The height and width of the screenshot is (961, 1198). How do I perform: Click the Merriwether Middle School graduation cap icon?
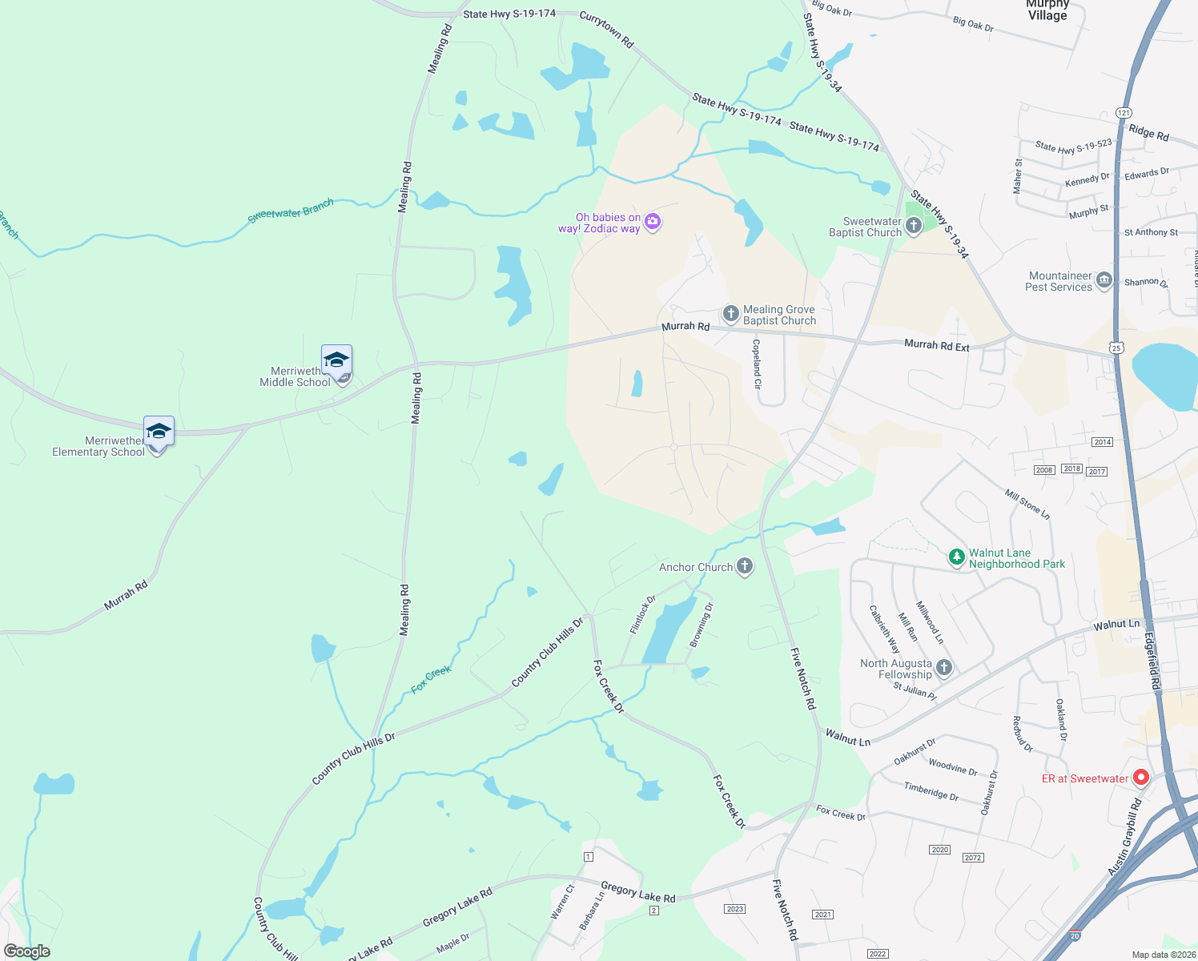(336, 360)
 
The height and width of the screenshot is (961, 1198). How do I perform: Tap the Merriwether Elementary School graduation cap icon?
(159, 431)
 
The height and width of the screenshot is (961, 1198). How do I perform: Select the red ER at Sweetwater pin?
(1141, 777)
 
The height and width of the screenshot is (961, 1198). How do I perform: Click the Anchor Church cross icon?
(745, 567)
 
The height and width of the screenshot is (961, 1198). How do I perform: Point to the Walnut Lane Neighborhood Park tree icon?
(956, 557)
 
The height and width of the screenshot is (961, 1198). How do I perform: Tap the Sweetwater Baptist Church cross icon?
(914, 226)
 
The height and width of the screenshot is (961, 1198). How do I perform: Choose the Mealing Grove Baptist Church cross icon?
(730, 314)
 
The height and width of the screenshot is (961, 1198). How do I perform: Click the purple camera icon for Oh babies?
(653, 222)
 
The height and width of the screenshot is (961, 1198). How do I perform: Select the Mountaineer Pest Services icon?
(1104, 280)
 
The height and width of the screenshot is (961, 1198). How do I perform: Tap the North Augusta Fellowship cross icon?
(944, 668)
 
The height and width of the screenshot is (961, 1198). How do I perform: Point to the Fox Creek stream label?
(431, 679)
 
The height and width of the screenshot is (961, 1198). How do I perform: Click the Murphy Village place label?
(1047, 10)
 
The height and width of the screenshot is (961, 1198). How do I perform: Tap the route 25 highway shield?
(1116, 348)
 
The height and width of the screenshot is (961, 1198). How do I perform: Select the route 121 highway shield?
(1124, 113)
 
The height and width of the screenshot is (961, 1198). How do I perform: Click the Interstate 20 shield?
(1075, 935)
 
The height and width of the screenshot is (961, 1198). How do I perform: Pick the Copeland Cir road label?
(757, 364)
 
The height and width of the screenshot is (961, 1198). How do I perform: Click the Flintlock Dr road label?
(642, 614)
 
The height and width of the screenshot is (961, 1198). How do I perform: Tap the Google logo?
(27, 951)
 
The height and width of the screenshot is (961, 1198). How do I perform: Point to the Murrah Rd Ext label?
(936, 345)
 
